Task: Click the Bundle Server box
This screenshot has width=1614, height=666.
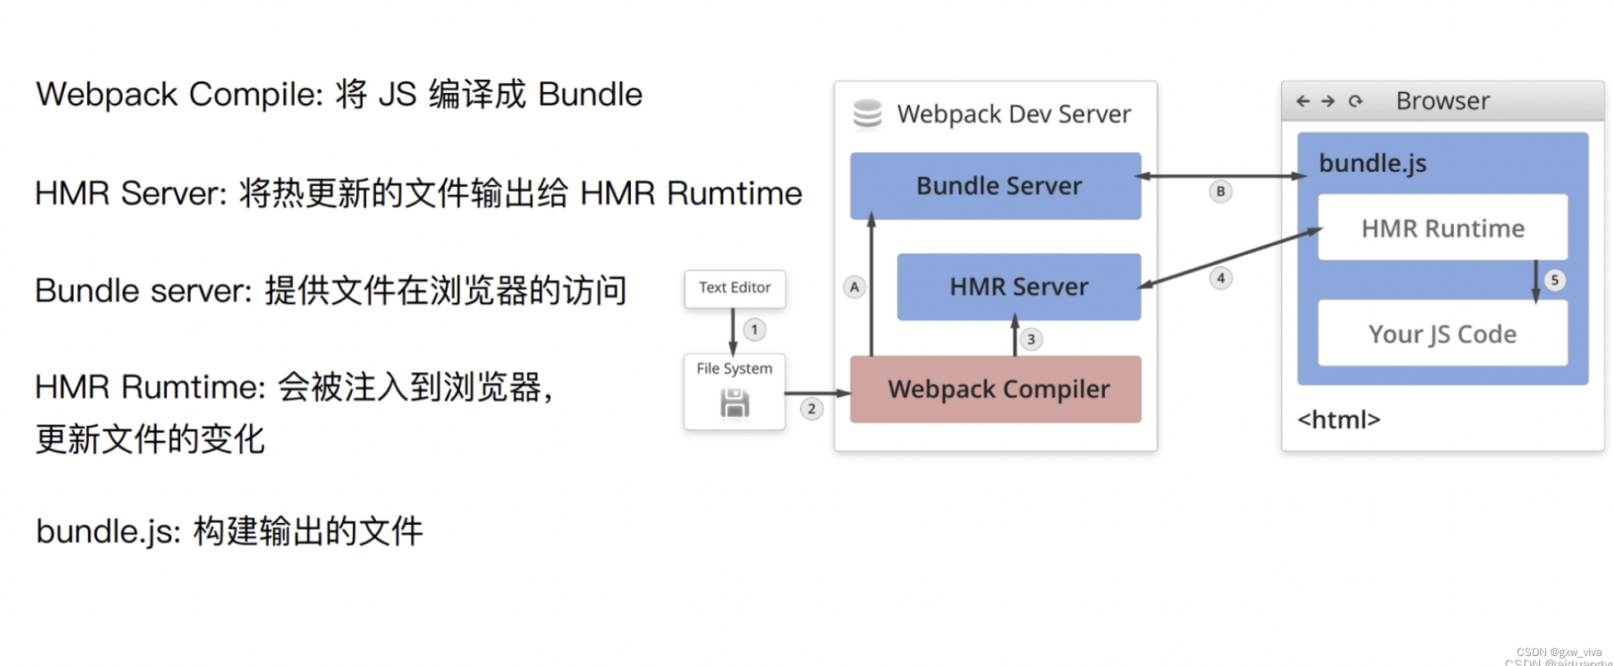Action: point(995,186)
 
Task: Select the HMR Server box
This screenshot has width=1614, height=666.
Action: point(1019,287)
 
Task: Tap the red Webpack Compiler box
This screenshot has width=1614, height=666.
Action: point(995,389)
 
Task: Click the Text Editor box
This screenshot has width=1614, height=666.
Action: point(735,288)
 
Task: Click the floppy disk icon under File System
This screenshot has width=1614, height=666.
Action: point(735,404)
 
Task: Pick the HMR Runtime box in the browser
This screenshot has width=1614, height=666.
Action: point(1442,228)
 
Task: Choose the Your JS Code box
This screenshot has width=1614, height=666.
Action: point(1442,334)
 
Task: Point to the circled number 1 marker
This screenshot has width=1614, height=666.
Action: point(754,330)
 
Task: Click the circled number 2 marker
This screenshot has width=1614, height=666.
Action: point(811,409)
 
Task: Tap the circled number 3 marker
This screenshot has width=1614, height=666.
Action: point(1030,339)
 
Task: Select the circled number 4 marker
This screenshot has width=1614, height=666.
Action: point(1220,278)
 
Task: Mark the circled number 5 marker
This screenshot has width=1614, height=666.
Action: point(1554,280)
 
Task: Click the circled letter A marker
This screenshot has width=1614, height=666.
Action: point(854,287)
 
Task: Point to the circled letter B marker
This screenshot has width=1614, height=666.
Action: point(1220,191)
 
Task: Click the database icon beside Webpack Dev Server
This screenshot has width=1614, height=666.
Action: point(868,115)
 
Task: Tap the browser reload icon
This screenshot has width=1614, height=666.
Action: point(1356,101)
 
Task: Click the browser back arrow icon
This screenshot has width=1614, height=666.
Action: point(1303,101)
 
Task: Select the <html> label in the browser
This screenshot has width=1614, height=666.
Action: point(1338,419)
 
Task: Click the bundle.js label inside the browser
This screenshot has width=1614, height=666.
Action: point(1372,163)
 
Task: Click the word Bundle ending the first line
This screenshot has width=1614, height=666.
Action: point(590,95)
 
